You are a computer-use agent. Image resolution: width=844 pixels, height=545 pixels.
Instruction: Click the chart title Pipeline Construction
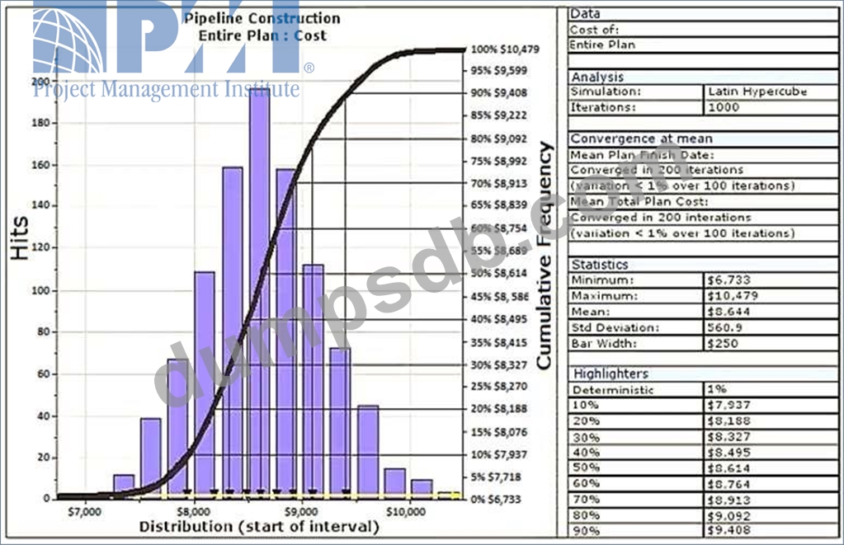[262, 18]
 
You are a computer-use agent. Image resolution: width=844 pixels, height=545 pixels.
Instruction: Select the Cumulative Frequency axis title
[545, 256]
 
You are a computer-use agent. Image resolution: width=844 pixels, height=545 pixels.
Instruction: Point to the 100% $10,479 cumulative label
[505, 49]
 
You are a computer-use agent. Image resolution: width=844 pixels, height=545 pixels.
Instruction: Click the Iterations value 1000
[723, 107]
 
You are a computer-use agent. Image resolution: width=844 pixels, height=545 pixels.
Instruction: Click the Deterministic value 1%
[715, 390]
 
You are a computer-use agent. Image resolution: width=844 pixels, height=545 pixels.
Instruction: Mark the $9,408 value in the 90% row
[725, 530]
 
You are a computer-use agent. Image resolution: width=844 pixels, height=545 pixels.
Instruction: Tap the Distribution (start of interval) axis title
[259, 527]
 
